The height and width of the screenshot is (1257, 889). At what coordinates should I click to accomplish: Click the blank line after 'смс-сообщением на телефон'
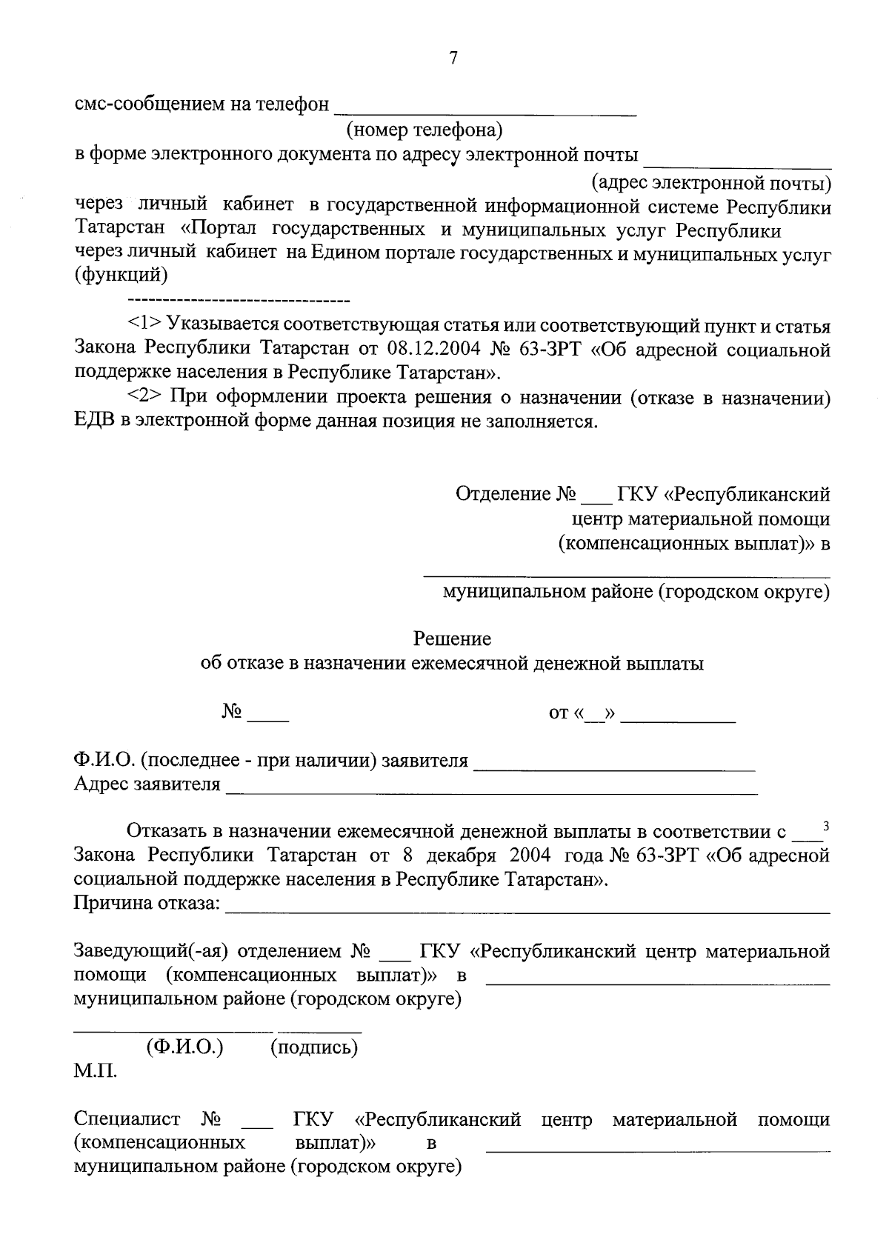485,111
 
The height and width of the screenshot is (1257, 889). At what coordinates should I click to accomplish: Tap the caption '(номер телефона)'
424,130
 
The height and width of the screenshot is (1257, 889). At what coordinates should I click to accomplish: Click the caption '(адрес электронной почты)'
710,181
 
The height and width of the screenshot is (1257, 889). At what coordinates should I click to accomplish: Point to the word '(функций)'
121,276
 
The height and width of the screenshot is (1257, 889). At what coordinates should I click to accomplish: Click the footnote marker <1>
144,324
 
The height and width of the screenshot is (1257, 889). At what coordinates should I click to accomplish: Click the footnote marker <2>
144,397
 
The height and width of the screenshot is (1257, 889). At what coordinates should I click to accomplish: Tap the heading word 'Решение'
452,638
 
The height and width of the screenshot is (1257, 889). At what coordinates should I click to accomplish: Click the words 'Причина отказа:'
147,904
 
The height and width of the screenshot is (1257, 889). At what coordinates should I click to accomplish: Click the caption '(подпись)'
314,1047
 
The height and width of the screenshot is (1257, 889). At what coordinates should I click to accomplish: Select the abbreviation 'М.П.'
95,1071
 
